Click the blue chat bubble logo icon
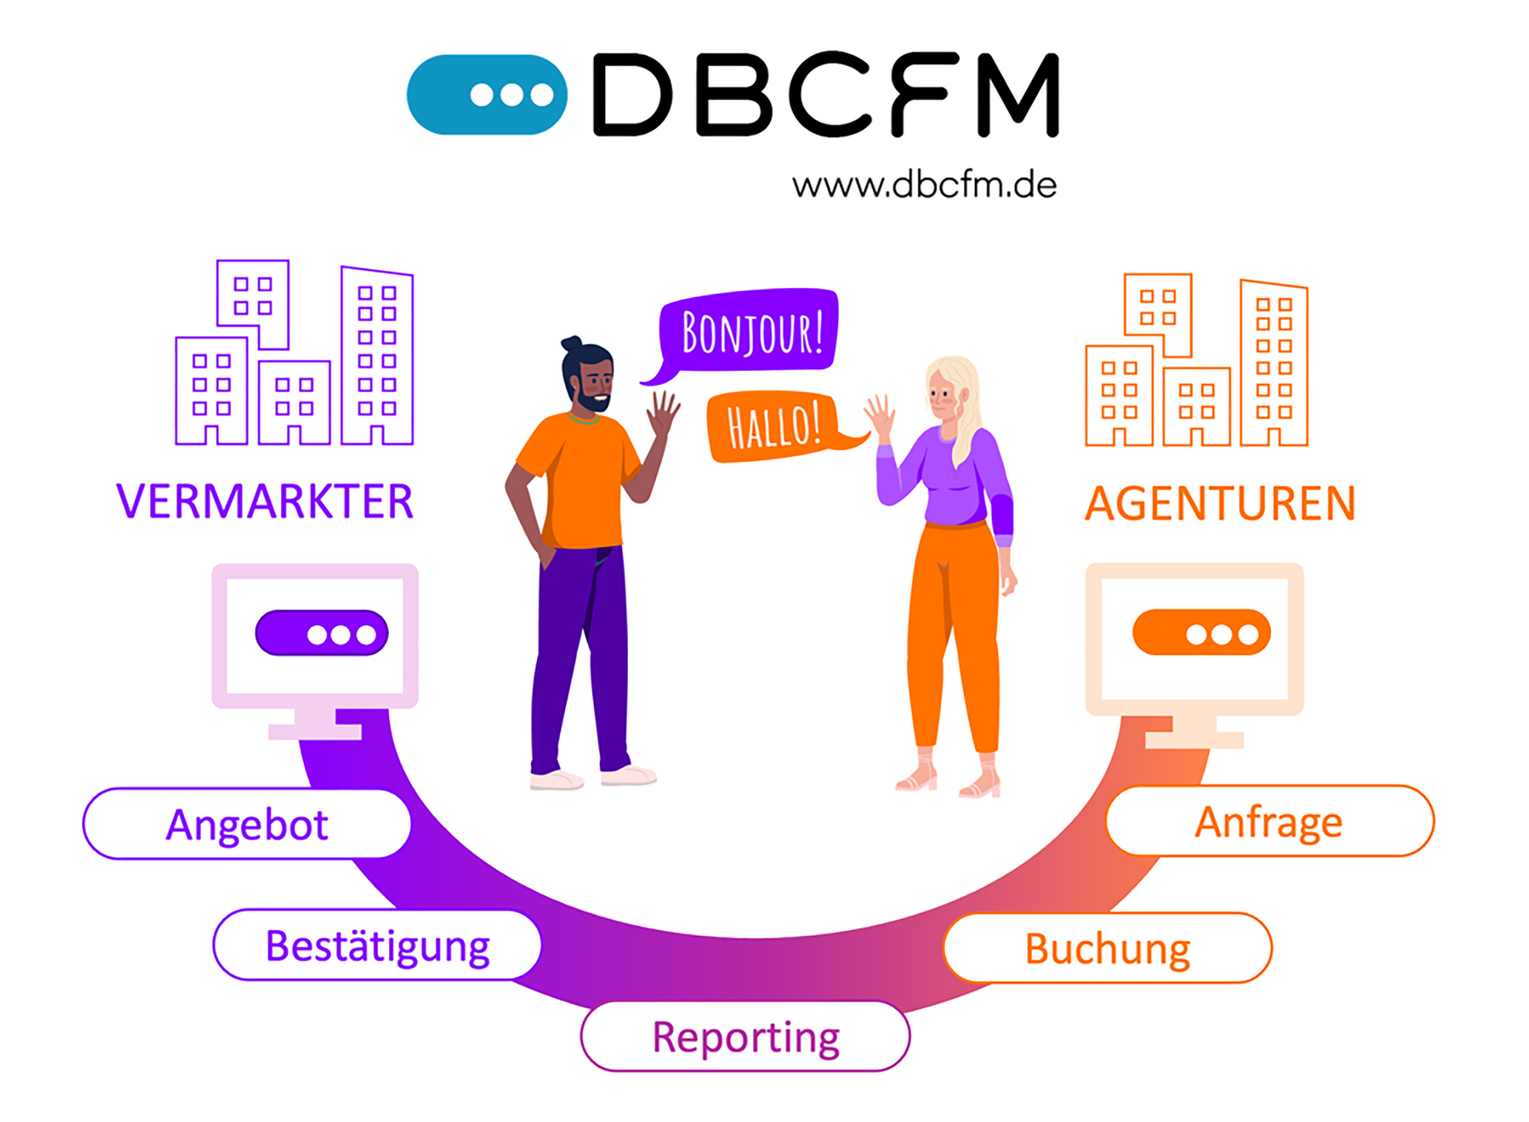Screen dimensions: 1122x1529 [x=486, y=95]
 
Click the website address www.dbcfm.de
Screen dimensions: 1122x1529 [x=924, y=186]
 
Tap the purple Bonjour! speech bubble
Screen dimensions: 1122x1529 [x=750, y=331]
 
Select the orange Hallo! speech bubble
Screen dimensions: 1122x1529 [x=772, y=425]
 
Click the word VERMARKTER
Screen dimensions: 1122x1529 [x=265, y=502]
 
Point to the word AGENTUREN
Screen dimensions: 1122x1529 [x=1220, y=504]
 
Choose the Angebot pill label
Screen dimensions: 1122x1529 [x=247, y=824]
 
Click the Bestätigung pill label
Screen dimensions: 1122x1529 [x=377, y=946]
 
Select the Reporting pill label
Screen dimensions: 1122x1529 [x=745, y=1037]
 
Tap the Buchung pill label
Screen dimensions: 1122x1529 [x=1107, y=948]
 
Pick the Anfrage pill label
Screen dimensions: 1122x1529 [x=1269, y=822]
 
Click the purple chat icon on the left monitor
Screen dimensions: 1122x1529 [x=321, y=633]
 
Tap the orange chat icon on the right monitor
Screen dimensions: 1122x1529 [x=1201, y=633]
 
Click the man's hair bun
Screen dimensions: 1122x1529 [x=571, y=344]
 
